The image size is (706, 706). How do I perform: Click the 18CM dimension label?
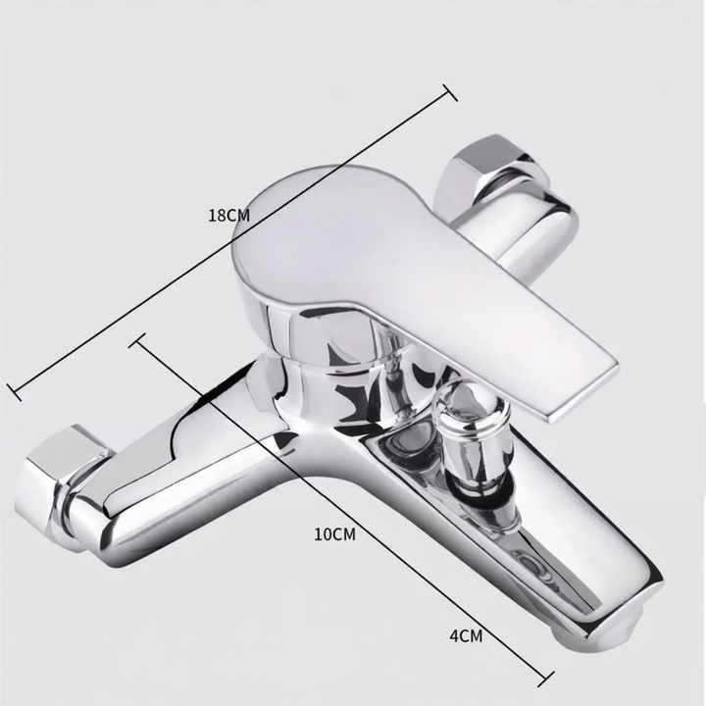pyautogui.click(x=228, y=215)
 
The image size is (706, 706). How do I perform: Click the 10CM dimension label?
pyautogui.click(x=334, y=534)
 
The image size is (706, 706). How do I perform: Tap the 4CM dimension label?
pyautogui.click(x=466, y=635)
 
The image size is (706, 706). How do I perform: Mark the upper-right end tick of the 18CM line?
pyautogui.click(x=450, y=92)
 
